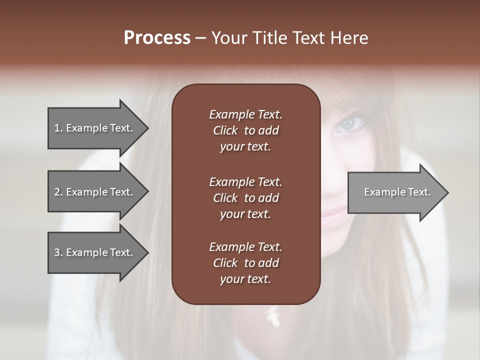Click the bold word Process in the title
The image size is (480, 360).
[157, 38]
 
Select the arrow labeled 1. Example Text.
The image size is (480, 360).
[95, 128]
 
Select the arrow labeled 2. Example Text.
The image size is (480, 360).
[95, 192]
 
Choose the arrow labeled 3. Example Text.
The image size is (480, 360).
[95, 252]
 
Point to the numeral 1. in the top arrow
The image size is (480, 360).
[58, 128]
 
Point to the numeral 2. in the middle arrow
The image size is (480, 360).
[58, 192]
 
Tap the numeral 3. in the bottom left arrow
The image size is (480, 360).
[58, 252]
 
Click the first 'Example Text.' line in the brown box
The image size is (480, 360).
[245, 114]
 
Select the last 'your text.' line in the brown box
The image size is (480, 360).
[245, 279]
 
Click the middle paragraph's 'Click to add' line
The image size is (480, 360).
[245, 198]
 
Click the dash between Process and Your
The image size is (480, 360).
[200, 38]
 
